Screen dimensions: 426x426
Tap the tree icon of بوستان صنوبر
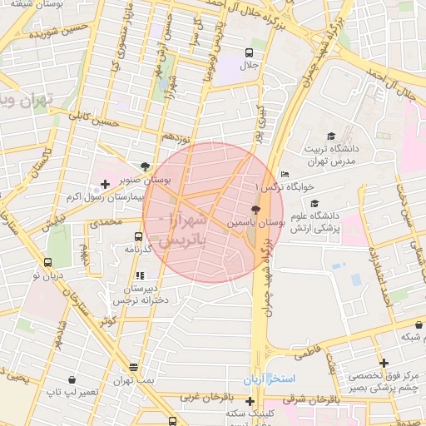pos(147,166)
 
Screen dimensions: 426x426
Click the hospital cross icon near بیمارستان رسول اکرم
pos(105,183)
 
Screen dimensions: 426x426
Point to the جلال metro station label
pos(249,65)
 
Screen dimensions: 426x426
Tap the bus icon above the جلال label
pos(249,52)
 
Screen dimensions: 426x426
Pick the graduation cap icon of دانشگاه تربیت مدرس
pos(331,135)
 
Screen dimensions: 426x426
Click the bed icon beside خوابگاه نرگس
pos(285,174)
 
